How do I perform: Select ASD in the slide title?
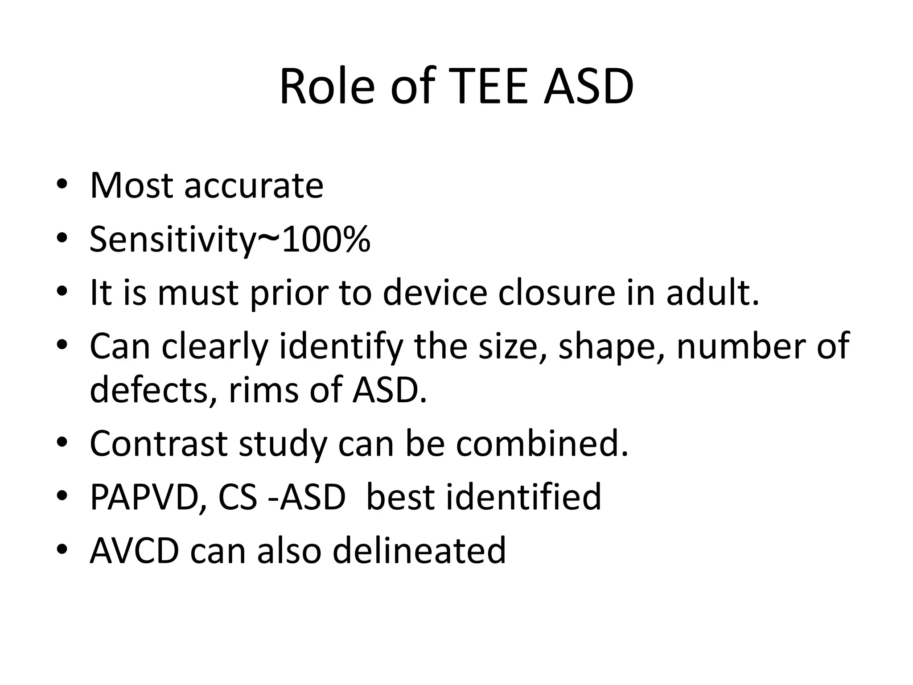tap(589, 87)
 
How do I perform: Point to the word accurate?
tap(254, 186)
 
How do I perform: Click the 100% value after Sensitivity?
tap(326, 240)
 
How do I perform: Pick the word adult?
tap(712, 293)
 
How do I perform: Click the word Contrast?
tap(159, 443)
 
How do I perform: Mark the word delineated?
tap(419, 550)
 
